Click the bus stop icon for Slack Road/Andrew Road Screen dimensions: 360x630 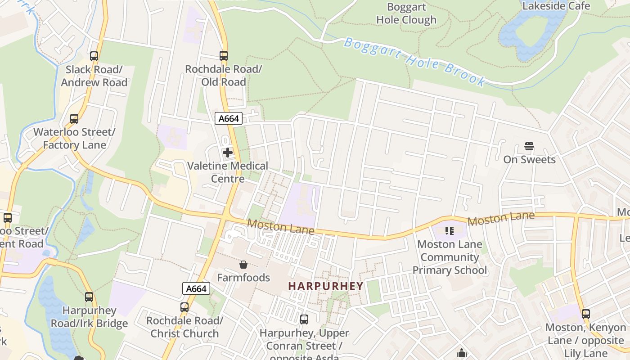94,56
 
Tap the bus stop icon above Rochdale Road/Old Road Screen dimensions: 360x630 224,56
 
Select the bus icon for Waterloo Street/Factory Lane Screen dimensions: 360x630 74,119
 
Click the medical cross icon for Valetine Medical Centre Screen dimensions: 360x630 228,153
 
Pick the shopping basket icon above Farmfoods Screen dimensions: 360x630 243,264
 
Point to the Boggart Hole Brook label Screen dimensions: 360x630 414,62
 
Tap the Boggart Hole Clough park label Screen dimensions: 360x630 406,13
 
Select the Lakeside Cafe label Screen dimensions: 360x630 556,6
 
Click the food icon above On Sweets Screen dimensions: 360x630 529,146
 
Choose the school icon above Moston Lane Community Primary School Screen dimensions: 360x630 449,231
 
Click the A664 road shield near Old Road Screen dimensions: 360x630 229,118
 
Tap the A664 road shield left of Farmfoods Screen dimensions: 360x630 196,288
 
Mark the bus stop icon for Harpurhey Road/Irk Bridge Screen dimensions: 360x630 89,297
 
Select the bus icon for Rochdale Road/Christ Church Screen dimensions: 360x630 184,307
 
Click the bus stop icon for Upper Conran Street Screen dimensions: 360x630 304,319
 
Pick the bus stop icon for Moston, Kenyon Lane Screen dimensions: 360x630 585,314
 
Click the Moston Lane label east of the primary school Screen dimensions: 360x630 501,219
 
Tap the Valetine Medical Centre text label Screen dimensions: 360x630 228,172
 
